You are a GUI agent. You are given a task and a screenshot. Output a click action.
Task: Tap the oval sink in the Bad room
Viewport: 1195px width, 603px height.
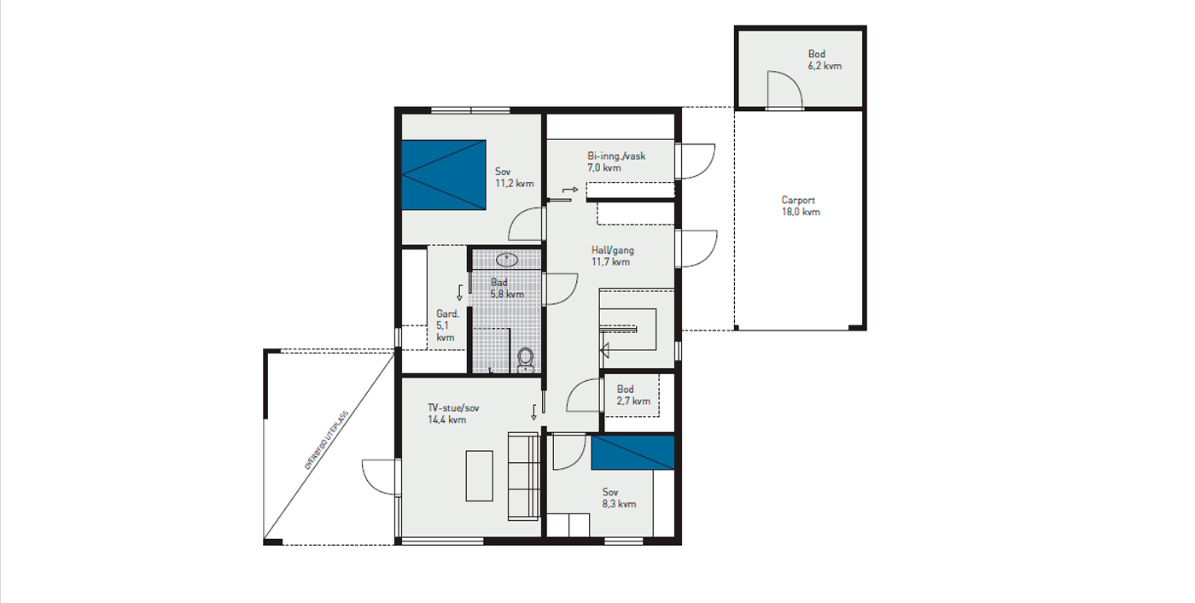[x=507, y=260]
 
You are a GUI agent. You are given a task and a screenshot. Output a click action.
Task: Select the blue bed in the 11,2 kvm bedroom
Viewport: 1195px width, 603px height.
[x=443, y=175]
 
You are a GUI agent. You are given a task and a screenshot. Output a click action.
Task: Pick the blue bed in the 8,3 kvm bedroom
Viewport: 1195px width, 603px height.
[x=632, y=453]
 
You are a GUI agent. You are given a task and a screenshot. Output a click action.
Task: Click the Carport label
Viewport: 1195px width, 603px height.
[x=798, y=200]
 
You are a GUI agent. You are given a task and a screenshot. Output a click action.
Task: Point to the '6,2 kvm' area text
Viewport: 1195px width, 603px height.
[x=825, y=66]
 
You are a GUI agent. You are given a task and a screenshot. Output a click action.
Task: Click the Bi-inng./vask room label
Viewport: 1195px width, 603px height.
[x=616, y=155]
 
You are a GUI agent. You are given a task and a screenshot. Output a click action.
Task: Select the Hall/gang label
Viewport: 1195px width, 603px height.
[x=613, y=249]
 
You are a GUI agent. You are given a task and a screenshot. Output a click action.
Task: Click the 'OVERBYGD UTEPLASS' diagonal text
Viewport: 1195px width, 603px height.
[x=326, y=440]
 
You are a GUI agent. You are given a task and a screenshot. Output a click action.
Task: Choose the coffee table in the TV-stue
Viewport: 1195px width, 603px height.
[x=479, y=476]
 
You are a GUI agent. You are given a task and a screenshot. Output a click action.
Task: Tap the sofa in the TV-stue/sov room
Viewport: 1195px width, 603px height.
[x=523, y=476]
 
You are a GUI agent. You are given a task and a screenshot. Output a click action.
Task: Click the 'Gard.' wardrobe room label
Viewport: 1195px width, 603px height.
[x=447, y=313]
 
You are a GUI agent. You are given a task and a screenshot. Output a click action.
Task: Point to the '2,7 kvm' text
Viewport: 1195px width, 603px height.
[x=633, y=401]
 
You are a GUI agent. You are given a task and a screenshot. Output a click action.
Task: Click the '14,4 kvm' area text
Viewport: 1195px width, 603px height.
[x=447, y=420]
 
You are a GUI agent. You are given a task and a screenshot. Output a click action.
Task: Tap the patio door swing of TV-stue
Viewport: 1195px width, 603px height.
[x=381, y=477]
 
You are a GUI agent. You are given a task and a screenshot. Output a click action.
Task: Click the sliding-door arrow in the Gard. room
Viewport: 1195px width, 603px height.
[x=459, y=292]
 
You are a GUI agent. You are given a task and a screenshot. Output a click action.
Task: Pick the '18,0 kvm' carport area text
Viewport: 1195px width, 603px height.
[x=801, y=212]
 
